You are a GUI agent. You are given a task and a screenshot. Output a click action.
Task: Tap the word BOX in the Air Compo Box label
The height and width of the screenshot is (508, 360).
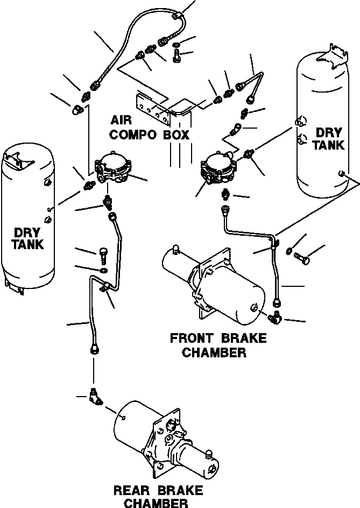pos(176,134)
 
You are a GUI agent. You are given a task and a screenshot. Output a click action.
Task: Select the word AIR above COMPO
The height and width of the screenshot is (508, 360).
pos(121,120)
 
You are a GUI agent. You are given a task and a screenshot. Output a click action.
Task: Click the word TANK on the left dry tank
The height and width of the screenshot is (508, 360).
pos(28,244)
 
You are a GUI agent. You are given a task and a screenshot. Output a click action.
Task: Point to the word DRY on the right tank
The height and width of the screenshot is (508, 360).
pos(329,132)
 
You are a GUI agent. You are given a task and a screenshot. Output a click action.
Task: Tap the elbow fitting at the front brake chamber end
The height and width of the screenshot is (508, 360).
pos(276,316)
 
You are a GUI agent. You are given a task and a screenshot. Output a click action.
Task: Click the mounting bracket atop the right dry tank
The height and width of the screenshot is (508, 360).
pos(333,54)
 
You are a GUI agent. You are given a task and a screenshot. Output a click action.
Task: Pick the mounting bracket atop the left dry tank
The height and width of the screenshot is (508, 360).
pos(16,159)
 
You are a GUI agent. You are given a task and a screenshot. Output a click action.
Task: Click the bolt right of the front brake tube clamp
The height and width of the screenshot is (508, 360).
pos(302,258)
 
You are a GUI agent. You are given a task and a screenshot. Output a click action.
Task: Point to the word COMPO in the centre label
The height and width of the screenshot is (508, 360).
pos(133,134)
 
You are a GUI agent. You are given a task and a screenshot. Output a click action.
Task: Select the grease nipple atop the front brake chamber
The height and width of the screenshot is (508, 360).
pos(175,250)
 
